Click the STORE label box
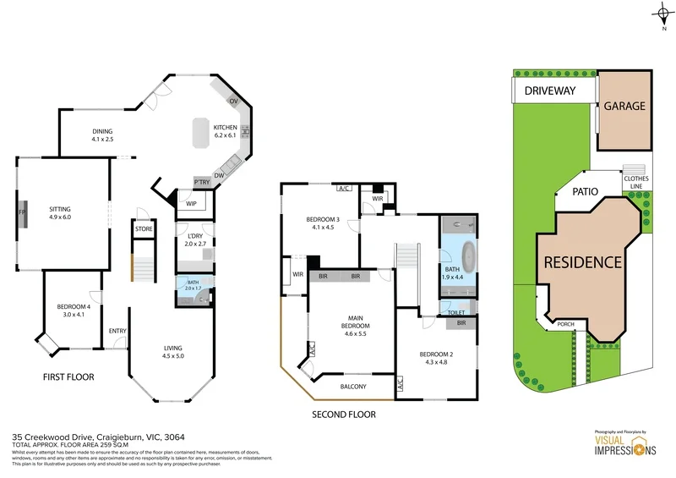(x=143, y=229)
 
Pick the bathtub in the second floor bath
(x=456, y=254)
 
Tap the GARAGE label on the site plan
(x=624, y=107)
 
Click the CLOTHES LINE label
(x=636, y=183)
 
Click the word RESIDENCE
(x=582, y=262)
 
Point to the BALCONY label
(x=353, y=387)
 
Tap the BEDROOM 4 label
(x=74, y=307)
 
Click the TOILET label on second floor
(x=455, y=313)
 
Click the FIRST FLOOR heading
(x=68, y=376)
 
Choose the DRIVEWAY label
(x=549, y=91)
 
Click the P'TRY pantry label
(x=202, y=183)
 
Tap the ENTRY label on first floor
(x=117, y=331)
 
